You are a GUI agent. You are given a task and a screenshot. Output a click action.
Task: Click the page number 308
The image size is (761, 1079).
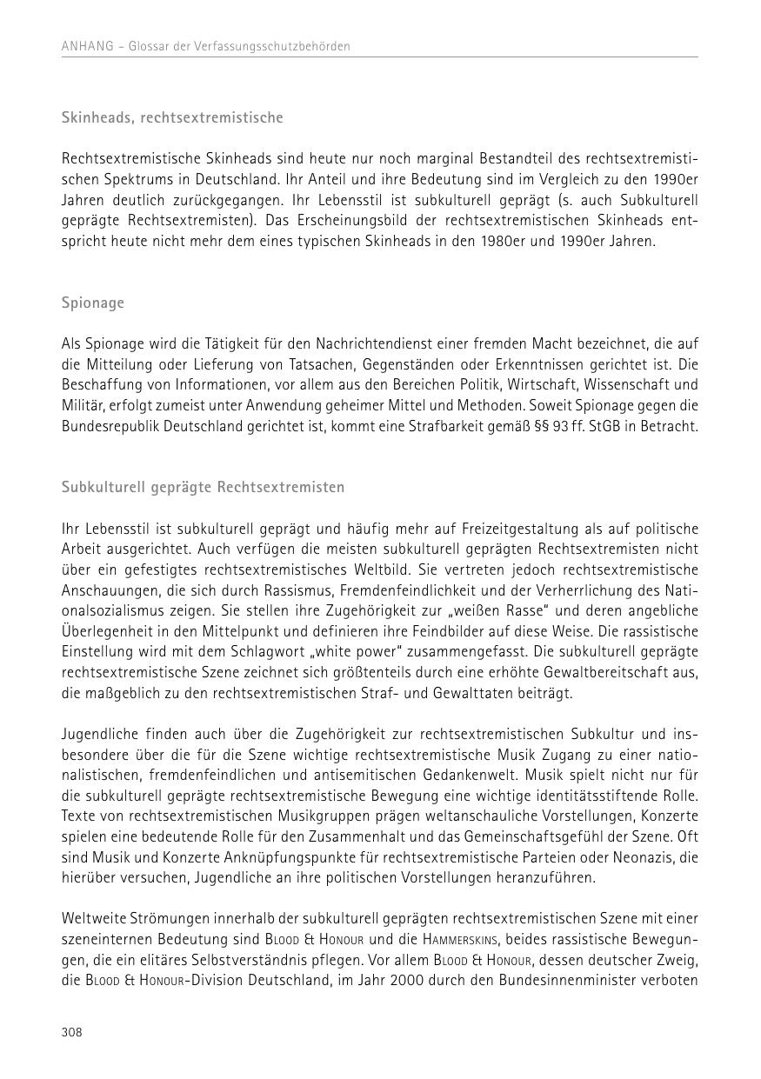tap(71, 1032)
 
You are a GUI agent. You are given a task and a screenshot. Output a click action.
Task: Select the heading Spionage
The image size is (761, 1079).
tap(93, 303)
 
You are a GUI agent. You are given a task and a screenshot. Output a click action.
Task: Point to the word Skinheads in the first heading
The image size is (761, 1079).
tap(94, 117)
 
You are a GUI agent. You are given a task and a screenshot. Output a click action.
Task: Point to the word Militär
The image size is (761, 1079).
tap(83, 405)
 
